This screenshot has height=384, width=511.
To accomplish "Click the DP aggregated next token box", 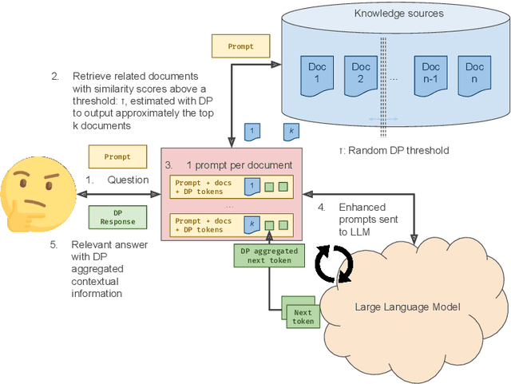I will point(271,255).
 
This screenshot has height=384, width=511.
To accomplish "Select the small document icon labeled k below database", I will point(291,131).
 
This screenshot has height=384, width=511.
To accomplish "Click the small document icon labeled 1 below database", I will point(252,131).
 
